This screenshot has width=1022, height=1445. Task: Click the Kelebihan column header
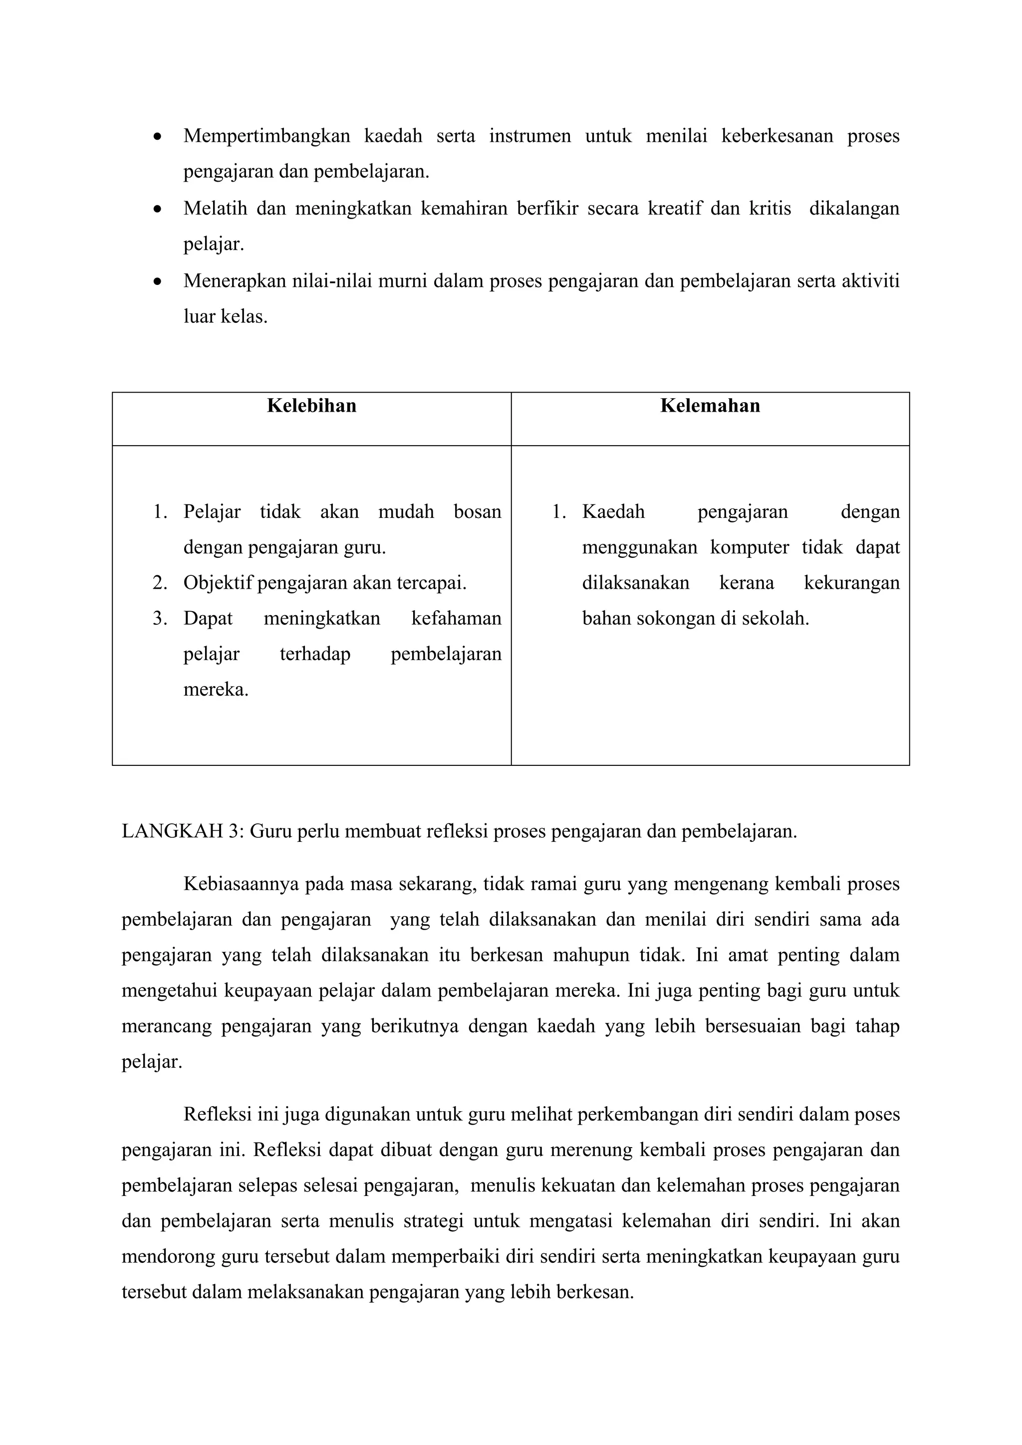click(x=311, y=406)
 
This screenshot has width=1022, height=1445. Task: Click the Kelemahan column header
click(x=710, y=406)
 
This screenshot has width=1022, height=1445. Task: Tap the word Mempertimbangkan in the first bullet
click(x=266, y=136)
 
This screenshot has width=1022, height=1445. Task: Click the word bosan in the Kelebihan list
click(x=477, y=511)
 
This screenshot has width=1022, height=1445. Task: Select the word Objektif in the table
click(x=218, y=583)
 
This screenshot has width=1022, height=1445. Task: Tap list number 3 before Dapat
click(x=160, y=619)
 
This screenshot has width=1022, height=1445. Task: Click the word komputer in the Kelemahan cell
click(x=749, y=547)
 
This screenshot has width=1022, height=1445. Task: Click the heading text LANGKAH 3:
click(x=183, y=831)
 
